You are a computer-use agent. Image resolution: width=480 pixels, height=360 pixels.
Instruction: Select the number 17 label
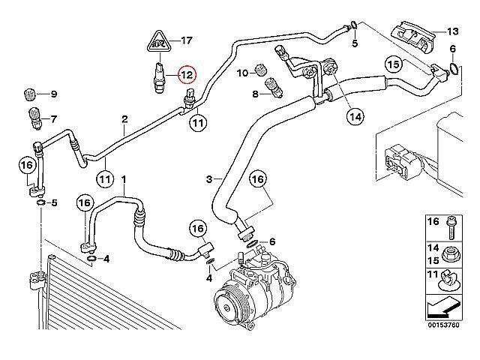pyautogui.click(x=185, y=40)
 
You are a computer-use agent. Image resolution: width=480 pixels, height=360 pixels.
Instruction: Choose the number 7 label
pyautogui.click(x=53, y=118)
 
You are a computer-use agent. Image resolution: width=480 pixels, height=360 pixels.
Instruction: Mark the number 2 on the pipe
pyautogui.click(x=124, y=119)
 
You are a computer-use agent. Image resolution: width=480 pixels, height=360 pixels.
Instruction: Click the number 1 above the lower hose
pyautogui.click(x=124, y=180)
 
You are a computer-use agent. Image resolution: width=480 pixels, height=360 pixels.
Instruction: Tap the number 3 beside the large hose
pyautogui.click(x=210, y=178)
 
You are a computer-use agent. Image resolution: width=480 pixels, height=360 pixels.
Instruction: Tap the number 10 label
pyautogui.click(x=241, y=72)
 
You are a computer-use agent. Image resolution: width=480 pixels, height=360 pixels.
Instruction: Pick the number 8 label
pyautogui.click(x=256, y=94)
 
